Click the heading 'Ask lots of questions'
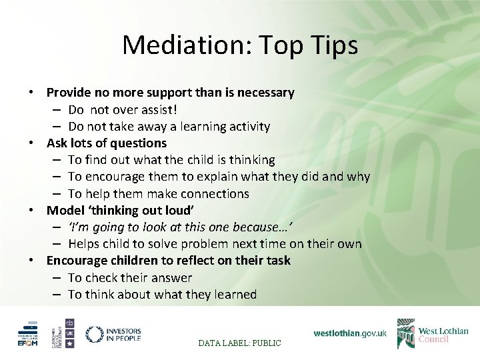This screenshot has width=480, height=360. coord(107,143)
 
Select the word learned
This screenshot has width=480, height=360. coord(233,295)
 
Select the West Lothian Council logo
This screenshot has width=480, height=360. coord(433,333)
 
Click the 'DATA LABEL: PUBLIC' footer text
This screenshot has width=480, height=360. coord(240,343)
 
